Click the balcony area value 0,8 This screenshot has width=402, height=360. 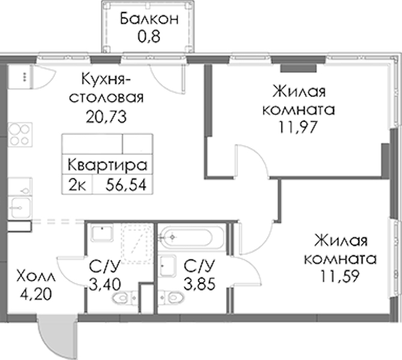pyautogui.click(x=149, y=37)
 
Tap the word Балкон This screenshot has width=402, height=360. pyautogui.click(x=149, y=19)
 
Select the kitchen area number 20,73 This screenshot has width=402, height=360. pyautogui.click(x=106, y=117)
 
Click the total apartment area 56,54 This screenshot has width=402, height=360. pyautogui.click(x=126, y=185)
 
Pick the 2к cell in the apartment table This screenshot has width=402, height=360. pyautogui.click(x=77, y=185)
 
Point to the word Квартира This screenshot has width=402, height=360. pyautogui.click(x=107, y=166)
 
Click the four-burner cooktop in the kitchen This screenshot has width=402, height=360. pyautogui.click(x=20, y=134)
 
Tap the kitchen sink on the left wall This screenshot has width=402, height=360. pyautogui.click(x=20, y=208)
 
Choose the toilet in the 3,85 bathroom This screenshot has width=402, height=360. pyautogui.click(x=171, y=298)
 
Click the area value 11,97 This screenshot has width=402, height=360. pyautogui.click(x=298, y=127)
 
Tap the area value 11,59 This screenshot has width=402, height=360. pyautogui.click(x=340, y=276)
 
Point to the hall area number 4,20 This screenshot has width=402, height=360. pyautogui.click(x=36, y=295)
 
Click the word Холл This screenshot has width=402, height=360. pyautogui.click(x=35, y=277)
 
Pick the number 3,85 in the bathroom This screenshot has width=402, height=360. pyautogui.click(x=200, y=284)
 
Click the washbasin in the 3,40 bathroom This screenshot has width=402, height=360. pyautogui.click(x=102, y=233)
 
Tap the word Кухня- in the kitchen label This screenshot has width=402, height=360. pyautogui.click(x=106, y=79)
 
